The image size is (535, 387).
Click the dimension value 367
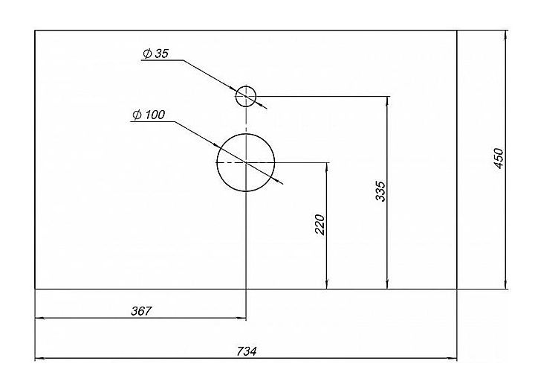click(140, 311)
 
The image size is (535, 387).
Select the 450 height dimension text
click(499, 158)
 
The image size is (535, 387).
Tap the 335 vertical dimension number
click(380, 193)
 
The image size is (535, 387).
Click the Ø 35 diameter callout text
click(156, 54)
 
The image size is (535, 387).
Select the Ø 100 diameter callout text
click(149, 115)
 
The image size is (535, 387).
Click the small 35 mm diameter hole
click(246, 96)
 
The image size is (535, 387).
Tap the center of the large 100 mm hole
click(245, 161)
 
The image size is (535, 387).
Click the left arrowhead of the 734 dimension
click(39, 359)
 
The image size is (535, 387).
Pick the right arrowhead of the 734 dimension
click(453, 359)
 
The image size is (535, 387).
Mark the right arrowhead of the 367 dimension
click(241, 319)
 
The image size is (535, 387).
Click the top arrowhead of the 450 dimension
click(506, 34)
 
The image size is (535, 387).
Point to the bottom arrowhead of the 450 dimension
click(506, 284)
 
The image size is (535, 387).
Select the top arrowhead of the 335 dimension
click(386, 100)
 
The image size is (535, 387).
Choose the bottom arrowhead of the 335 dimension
click(386, 284)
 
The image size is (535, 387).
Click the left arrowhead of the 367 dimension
click(39, 319)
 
